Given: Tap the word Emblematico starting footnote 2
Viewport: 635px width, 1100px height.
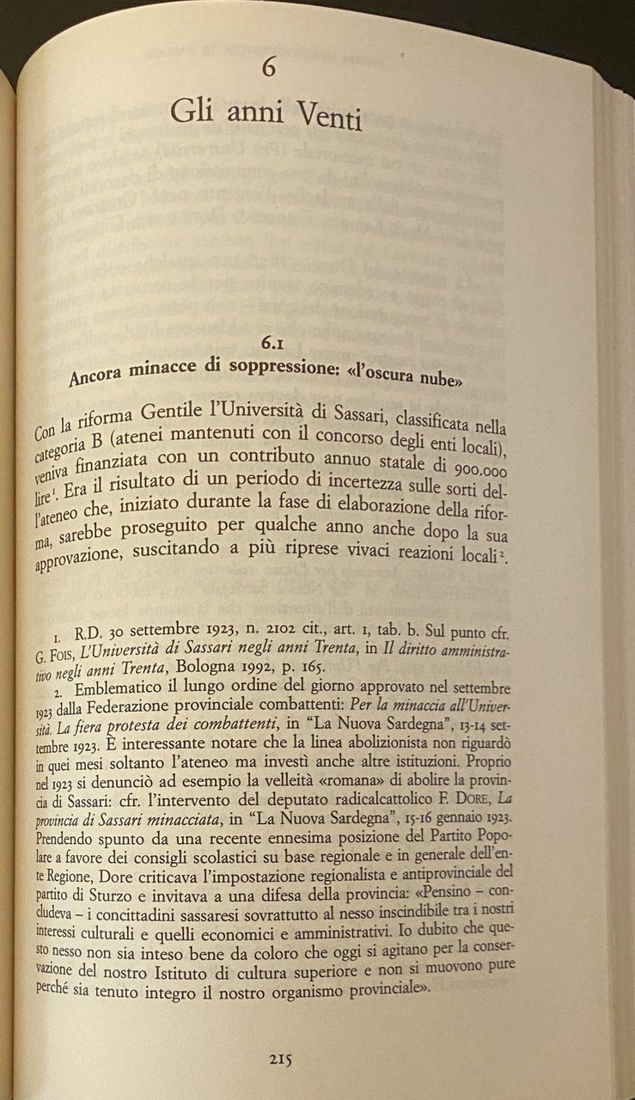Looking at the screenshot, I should point(119,690).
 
